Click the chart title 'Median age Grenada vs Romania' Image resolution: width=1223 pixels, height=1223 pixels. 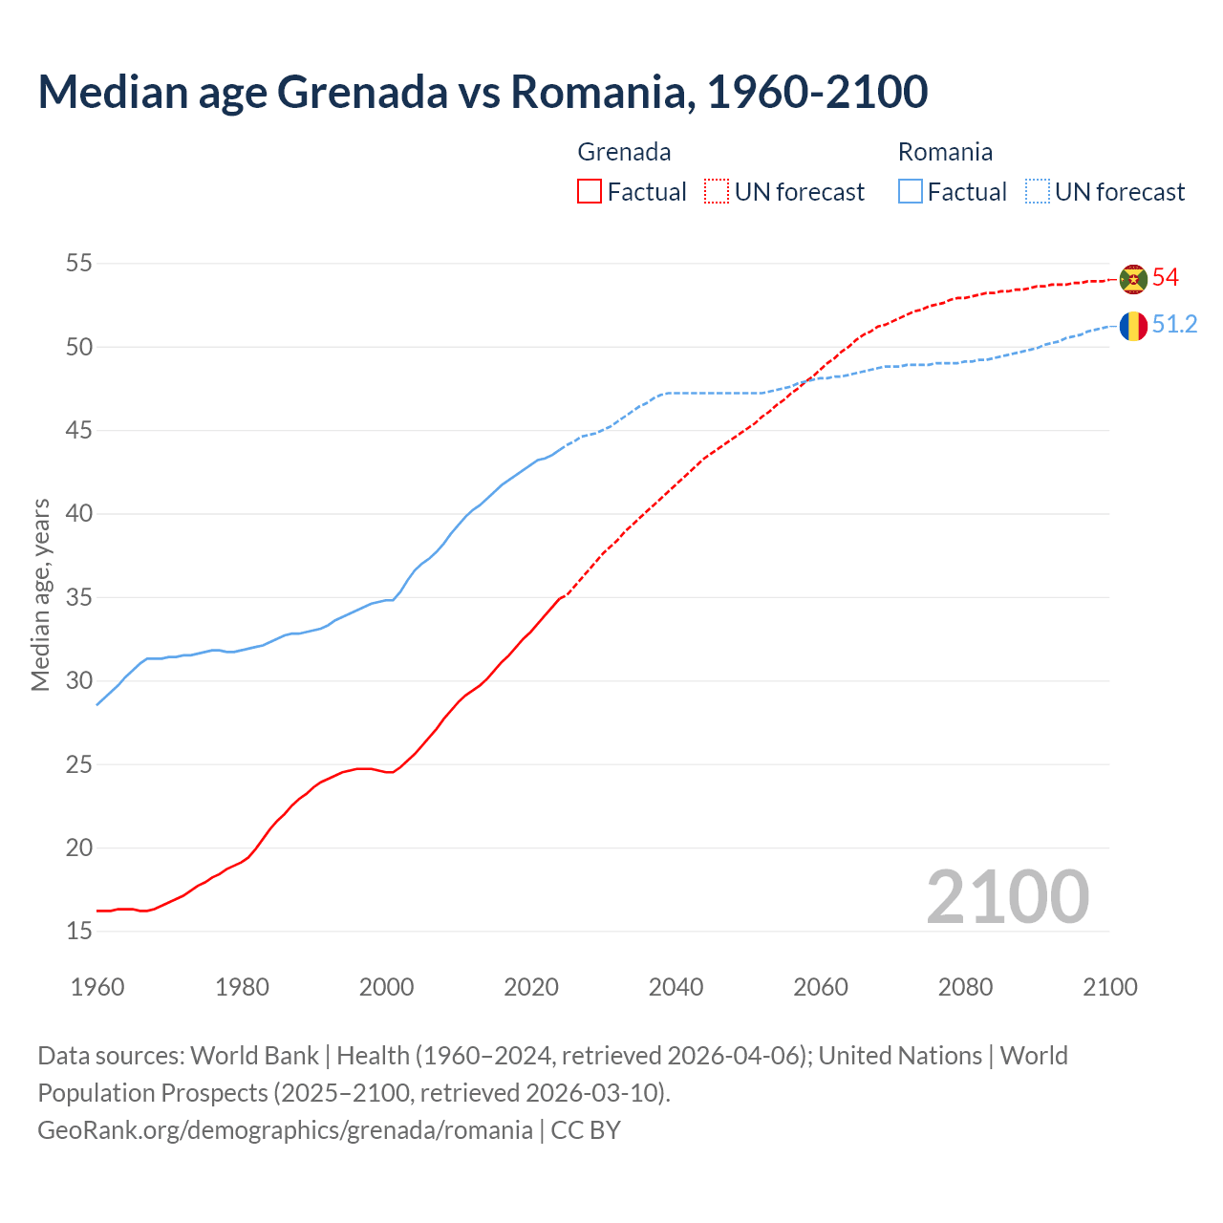483,92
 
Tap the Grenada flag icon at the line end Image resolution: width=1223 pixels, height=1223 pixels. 1133,279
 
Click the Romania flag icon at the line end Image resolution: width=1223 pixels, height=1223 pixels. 1133,326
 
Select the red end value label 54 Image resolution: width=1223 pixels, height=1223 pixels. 1166,278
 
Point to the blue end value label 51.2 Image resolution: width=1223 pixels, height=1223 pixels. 1174,325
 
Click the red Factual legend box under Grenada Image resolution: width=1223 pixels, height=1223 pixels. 590,192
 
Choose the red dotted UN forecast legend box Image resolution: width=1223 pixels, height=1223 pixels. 717,192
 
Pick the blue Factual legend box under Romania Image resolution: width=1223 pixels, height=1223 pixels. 911,192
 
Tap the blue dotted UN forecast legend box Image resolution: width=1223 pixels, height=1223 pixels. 1038,192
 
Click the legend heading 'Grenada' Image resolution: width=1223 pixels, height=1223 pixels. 624,152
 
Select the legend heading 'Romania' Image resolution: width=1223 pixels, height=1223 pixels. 945,152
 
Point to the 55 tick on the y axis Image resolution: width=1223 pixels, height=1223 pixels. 78,264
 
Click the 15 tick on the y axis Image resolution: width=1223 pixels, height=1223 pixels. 78,932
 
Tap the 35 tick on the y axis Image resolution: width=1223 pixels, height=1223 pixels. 78,598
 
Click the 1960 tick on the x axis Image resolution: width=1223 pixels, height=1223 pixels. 97,987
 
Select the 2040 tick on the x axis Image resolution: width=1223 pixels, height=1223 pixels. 676,987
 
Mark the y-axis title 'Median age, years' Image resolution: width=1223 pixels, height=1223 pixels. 40,594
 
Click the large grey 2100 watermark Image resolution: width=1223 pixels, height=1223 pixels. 1007,897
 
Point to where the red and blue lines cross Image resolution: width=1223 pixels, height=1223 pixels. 807,379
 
